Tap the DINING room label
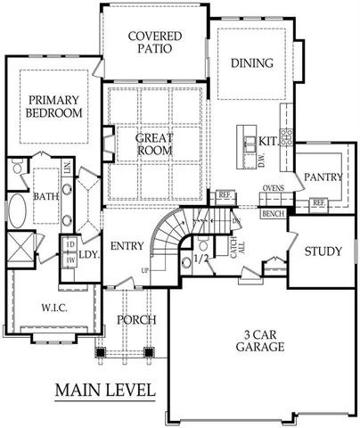pos(252,63)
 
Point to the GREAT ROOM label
pos(152,144)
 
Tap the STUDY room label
pos(323,251)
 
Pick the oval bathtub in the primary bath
pos(17,215)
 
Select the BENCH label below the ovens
pos(273,215)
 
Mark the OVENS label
pos(274,189)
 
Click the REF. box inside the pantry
pos(318,203)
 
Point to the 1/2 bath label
pos(200,259)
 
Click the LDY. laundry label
pos(87,254)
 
